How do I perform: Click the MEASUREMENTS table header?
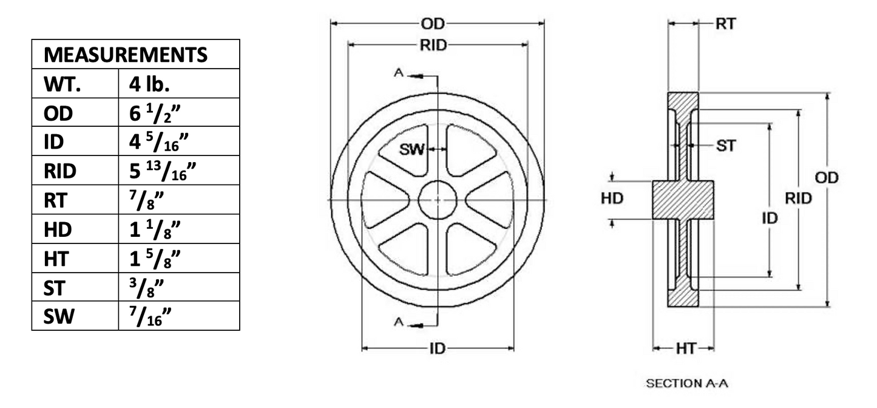tap(126, 55)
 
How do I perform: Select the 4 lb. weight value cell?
tap(149, 84)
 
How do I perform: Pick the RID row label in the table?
tap(60, 172)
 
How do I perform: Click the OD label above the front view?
tap(433, 24)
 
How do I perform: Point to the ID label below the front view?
tap(438, 348)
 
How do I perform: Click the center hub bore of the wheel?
tap(437, 200)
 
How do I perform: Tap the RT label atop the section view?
tap(725, 24)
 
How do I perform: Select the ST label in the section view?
tap(726, 146)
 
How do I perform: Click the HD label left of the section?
tap(612, 199)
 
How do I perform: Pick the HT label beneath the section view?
tap(685, 348)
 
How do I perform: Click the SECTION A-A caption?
tap(686, 384)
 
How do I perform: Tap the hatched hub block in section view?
tap(683, 200)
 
